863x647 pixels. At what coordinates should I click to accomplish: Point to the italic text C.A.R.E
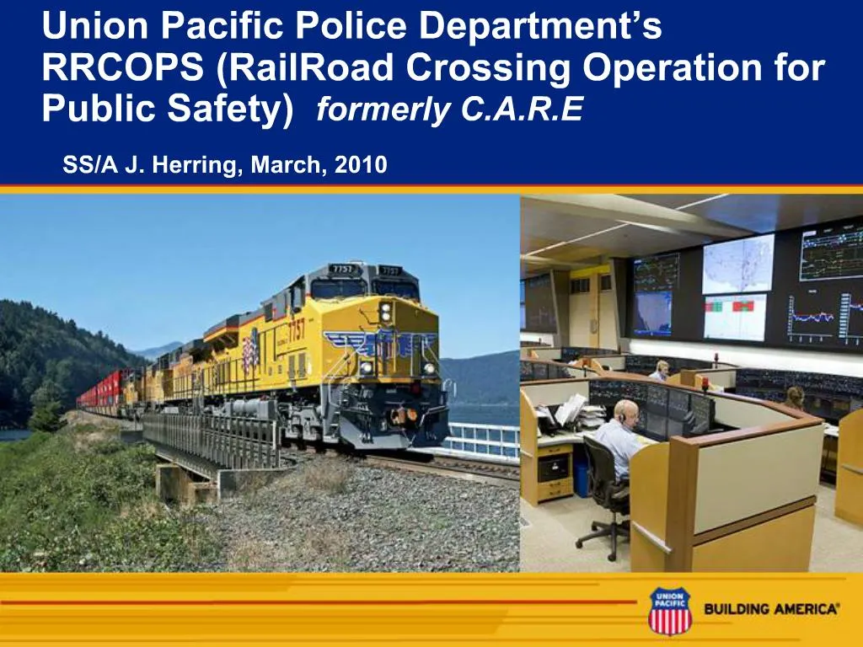tap(523, 110)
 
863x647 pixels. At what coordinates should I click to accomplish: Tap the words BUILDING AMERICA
tap(771, 609)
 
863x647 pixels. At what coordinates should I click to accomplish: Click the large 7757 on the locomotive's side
tap(296, 329)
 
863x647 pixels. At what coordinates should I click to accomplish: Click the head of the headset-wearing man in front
tap(625, 412)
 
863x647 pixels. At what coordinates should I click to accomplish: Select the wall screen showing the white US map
tap(737, 264)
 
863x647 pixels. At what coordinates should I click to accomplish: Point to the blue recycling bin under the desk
tap(582, 477)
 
